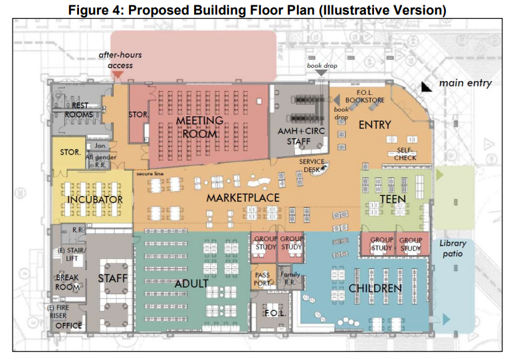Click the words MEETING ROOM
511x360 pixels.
point(197,127)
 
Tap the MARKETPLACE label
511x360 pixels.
point(242,198)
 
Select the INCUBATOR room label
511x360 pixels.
point(94,199)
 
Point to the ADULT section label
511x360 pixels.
point(192,284)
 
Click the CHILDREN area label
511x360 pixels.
point(375,288)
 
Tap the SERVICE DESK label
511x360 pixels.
point(312,165)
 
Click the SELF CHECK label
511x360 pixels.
point(406,154)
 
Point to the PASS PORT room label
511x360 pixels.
point(262,278)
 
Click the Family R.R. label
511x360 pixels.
point(290,278)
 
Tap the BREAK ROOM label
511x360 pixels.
point(67,282)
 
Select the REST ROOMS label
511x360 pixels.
point(80,110)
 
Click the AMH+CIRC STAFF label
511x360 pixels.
point(298,137)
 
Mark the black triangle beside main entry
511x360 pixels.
point(425,86)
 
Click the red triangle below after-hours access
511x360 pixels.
point(117,76)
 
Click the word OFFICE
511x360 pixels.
point(69,325)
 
